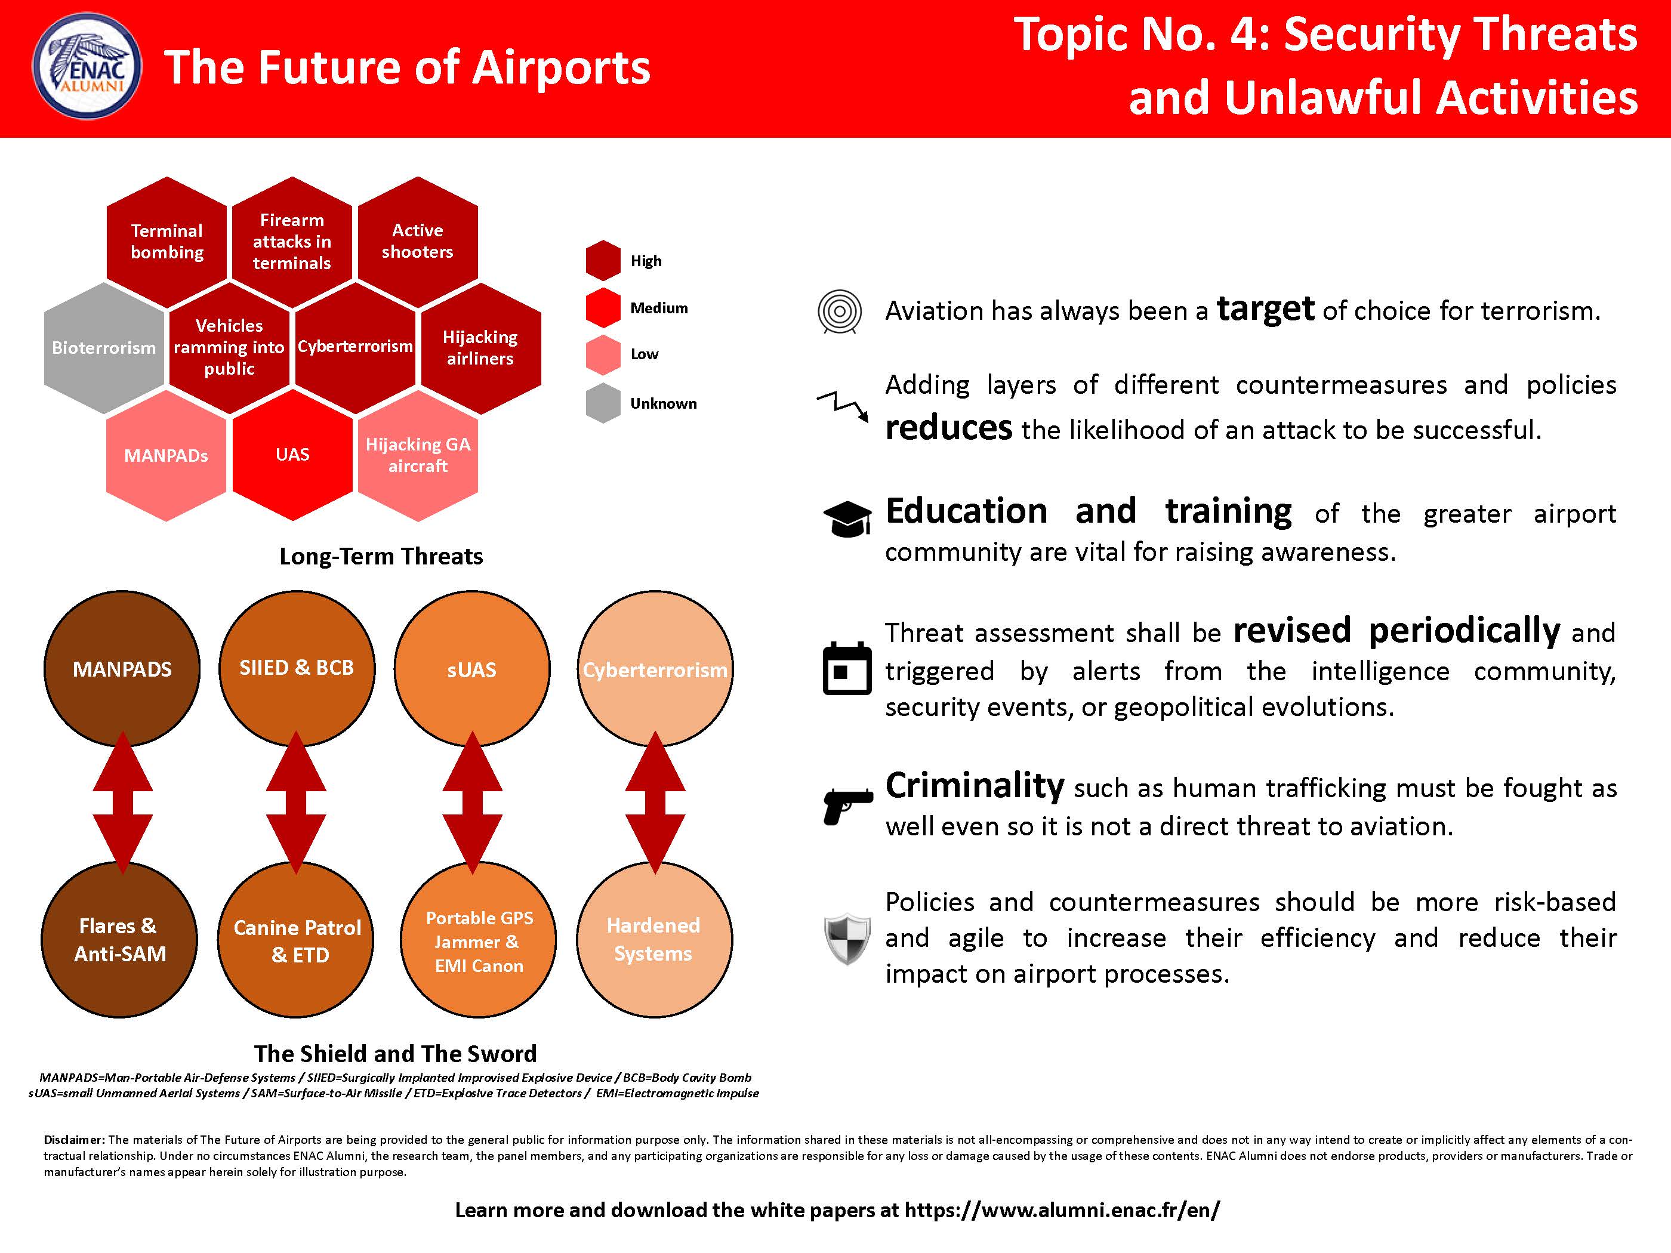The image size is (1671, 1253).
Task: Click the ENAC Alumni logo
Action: tap(87, 66)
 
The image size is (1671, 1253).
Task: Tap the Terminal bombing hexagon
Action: tap(167, 242)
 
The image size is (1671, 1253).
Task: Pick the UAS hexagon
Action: tap(292, 455)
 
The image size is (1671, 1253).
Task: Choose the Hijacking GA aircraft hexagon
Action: tap(418, 455)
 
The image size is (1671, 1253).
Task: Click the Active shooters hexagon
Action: tap(418, 242)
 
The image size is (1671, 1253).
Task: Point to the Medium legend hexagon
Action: tap(603, 307)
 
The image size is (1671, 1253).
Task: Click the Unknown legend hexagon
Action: tap(603, 403)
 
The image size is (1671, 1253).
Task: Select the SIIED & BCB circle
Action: tap(297, 668)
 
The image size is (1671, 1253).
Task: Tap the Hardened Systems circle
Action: tap(654, 940)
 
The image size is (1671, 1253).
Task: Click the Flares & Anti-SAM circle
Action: tap(119, 940)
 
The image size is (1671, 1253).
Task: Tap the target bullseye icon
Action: tap(839, 311)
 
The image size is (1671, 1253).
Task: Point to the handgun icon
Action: tap(847, 807)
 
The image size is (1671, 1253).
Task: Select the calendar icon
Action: tap(847, 668)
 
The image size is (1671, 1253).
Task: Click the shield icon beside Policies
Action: tap(847, 939)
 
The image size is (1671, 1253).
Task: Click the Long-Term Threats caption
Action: tap(381, 557)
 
